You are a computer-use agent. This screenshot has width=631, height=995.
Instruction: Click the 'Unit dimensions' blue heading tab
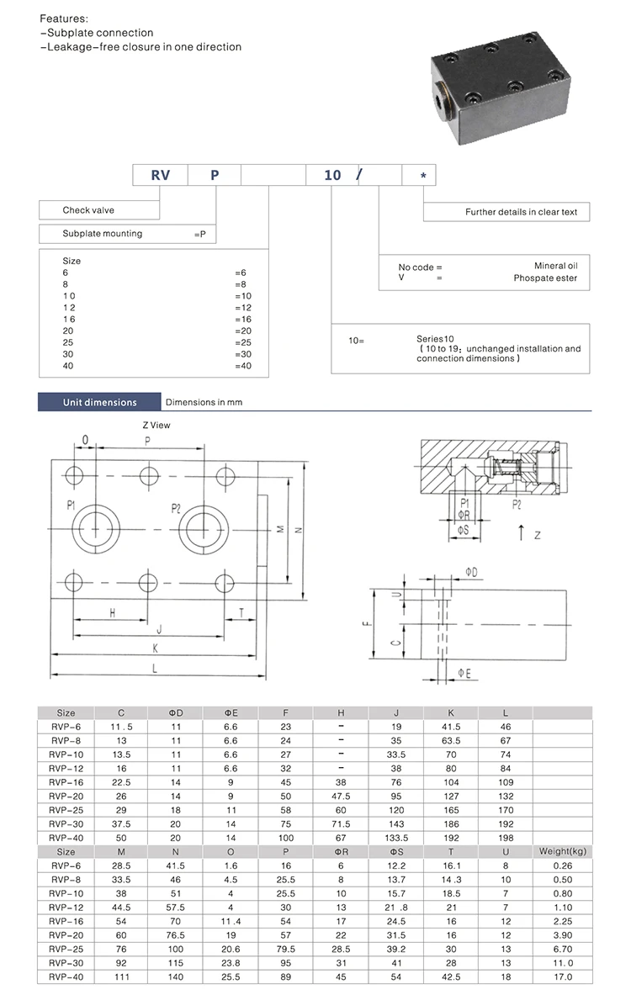[99, 402]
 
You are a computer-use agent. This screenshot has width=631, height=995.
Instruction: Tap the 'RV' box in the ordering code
[160, 175]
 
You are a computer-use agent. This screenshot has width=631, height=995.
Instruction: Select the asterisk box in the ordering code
[422, 175]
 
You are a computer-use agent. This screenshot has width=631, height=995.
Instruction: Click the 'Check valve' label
[88, 210]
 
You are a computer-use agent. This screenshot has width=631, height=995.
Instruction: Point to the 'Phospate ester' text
[545, 278]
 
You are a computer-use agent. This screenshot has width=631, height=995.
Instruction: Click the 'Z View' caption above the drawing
[156, 425]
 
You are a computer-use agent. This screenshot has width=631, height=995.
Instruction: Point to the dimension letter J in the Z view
[158, 629]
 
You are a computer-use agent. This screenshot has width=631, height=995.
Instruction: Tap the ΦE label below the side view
[464, 672]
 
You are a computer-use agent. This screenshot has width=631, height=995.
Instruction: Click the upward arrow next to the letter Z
[522, 532]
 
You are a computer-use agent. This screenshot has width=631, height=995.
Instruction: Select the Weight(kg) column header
[562, 852]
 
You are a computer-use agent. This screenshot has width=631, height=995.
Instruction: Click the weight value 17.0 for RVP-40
[562, 976]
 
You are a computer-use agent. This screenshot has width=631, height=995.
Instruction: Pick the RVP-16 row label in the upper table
[66, 782]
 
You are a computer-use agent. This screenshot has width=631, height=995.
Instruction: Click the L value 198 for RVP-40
[506, 839]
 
